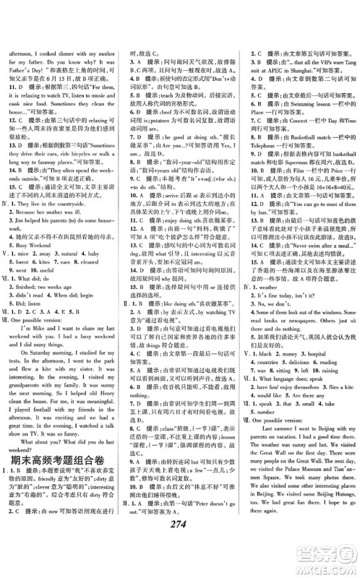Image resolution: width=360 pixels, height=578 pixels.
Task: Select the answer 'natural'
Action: (x=68, y=275)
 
